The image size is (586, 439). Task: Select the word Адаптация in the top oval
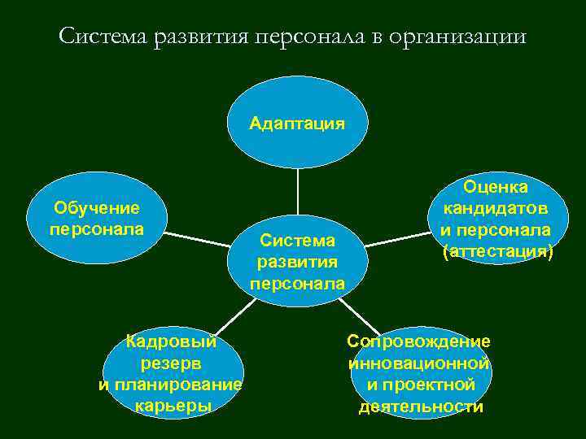[x=297, y=123]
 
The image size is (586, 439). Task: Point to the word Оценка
[x=496, y=188]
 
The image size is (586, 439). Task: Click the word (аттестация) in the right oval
[x=496, y=252]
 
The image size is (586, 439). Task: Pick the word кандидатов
[x=496, y=209]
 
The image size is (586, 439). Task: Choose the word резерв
[x=171, y=363]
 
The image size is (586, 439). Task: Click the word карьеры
[x=171, y=405]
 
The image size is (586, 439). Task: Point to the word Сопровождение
[x=418, y=341]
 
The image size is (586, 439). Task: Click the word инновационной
[x=418, y=363]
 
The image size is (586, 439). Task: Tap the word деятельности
[x=421, y=406]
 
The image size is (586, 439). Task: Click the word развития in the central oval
[x=297, y=262]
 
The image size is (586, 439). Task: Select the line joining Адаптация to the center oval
[x=297, y=192]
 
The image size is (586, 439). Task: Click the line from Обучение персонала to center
[x=199, y=239]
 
